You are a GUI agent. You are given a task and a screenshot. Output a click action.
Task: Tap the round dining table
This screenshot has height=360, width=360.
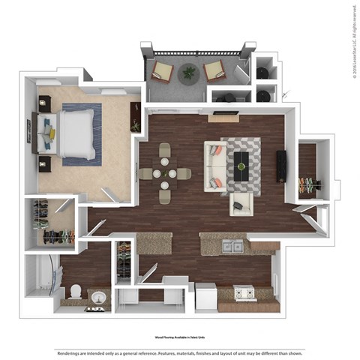[x=164, y=173]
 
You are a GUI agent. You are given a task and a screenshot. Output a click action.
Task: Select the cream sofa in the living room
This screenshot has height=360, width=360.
[x=216, y=166]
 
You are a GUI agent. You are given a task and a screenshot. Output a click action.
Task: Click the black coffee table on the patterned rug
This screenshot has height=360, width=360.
[x=242, y=160]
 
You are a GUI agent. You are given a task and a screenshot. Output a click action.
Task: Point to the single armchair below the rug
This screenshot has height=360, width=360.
[x=241, y=202]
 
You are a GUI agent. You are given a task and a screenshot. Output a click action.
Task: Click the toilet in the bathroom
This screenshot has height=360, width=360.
[x=76, y=292]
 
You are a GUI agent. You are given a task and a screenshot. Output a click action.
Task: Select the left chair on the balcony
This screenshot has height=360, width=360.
[x=161, y=72]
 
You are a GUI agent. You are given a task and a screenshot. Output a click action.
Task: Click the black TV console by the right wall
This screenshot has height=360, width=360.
[x=281, y=164]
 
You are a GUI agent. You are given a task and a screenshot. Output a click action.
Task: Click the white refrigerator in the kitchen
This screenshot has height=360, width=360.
[x=205, y=298]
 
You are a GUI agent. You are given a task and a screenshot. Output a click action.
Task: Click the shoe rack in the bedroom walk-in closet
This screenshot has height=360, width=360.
[x=58, y=237]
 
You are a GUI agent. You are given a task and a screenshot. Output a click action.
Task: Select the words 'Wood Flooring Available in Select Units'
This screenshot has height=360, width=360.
[x=179, y=339]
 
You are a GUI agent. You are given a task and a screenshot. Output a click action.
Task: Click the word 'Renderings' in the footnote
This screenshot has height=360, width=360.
[x=67, y=352]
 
